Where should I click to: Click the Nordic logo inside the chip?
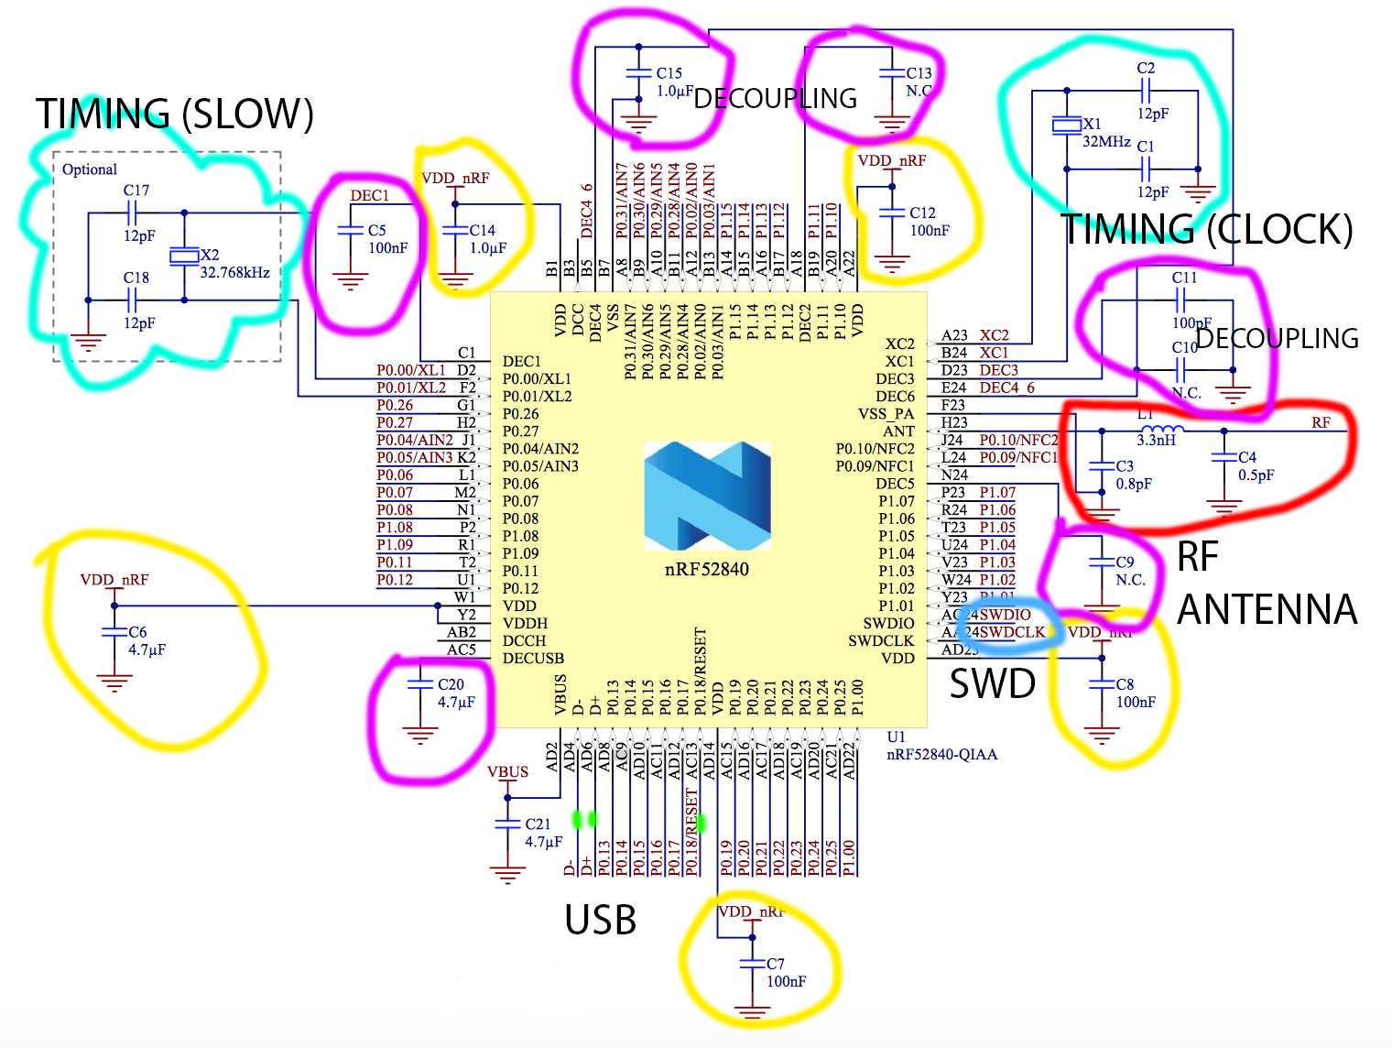click(x=706, y=496)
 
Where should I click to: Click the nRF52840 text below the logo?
click(x=706, y=569)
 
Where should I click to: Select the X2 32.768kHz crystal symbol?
click(x=184, y=257)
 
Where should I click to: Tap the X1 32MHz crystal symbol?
click(x=1066, y=126)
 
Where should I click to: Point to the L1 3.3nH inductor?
click(x=1163, y=430)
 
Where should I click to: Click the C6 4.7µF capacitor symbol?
click(x=114, y=632)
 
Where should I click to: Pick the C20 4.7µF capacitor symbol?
click(x=419, y=684)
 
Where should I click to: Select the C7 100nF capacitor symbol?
click(x=752, y=964)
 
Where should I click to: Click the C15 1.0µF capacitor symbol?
click(x=638, y=72)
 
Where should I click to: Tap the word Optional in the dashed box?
click(x=90, y=169)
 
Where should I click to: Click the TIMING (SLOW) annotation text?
click(x=174, y=115)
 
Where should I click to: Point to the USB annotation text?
click(x=600, y=920)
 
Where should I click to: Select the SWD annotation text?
click(x=992, y=683)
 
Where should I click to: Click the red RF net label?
click(x=1321, y=422)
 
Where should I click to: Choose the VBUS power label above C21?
click(x=507, y=771)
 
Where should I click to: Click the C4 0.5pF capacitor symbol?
click(x=1224, y=457)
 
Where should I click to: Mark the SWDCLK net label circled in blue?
click(x=1012, y=632)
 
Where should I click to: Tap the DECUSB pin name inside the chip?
click(x=533, y=658)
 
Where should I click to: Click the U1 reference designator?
click(x=896, y=737)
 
